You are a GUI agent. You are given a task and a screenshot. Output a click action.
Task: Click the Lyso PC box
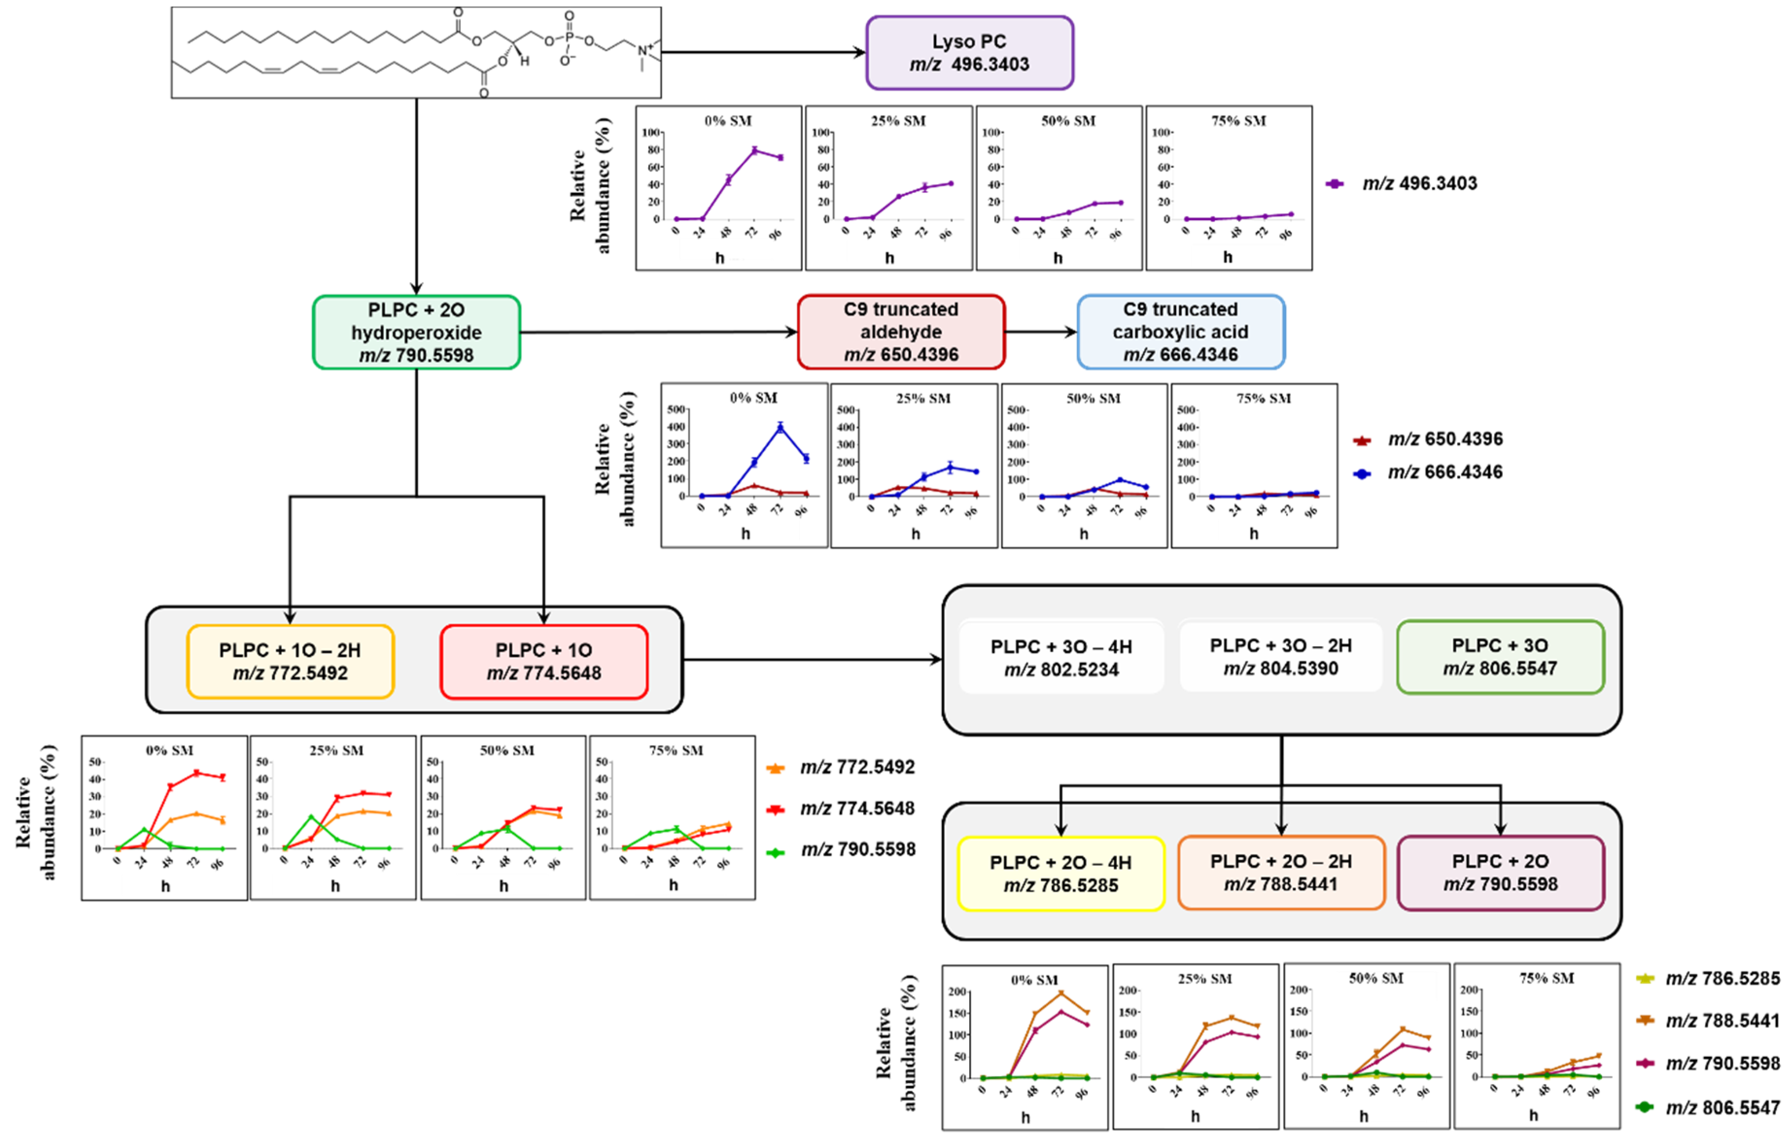(x=969, y=53)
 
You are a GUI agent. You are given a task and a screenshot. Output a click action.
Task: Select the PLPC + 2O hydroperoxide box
(x=417, y=332)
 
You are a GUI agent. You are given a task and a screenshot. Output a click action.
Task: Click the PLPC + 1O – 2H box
(x=290, y=661)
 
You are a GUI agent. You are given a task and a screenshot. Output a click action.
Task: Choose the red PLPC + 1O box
(x=543, y=661)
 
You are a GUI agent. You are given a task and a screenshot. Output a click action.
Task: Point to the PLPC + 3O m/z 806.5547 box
(x=1500, y=657)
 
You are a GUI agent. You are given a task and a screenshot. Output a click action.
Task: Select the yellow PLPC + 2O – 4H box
(x=1061, y=873)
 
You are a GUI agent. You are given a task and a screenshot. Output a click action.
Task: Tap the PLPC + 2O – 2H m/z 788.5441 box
(x=1281, y=873)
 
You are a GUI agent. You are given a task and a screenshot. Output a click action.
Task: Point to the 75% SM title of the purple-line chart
(x=1238, y=121)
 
